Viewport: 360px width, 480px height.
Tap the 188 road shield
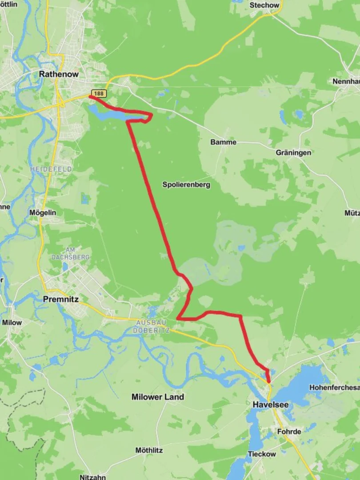[100, 93]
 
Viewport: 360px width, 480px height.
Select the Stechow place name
[265, 5]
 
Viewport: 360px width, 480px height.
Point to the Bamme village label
[224, 143]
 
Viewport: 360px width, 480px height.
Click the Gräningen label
[293, 152]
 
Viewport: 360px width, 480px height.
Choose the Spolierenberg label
[186, 184]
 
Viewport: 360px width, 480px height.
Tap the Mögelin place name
[43, 212]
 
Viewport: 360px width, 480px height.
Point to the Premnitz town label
[61, 300]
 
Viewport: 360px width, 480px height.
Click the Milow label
[12, 322]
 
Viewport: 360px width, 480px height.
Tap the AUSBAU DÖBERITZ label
[151, 326]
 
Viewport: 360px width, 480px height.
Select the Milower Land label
[158, 397]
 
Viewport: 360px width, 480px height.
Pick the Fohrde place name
[289, 432]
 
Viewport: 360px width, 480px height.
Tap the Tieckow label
[262, 454]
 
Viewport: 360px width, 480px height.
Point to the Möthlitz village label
[149, 450]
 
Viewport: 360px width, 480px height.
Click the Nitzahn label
[93, 477]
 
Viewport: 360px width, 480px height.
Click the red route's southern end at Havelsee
[269, 381]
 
